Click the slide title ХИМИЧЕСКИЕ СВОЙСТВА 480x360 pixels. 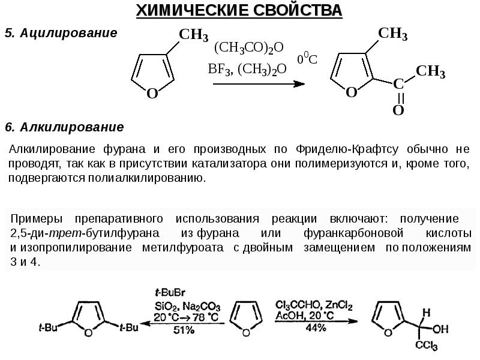pyautogui.click(x=239, y=10)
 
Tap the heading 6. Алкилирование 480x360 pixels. pyautogui.click(x=64, y=127)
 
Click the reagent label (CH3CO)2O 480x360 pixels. pyautogui.click(x=248, y=48)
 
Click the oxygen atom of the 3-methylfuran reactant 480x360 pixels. pyautogui.click(x=152, y=93)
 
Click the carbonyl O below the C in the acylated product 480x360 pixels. pyautogui.click(x=398, y=110)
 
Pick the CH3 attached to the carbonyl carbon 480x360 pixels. pyautogui.click(x=430, y=72)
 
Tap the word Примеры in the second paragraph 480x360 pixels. pyautogui.click(x=37, y=218)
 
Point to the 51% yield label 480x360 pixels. pyautogui.click(x=184, y=329)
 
